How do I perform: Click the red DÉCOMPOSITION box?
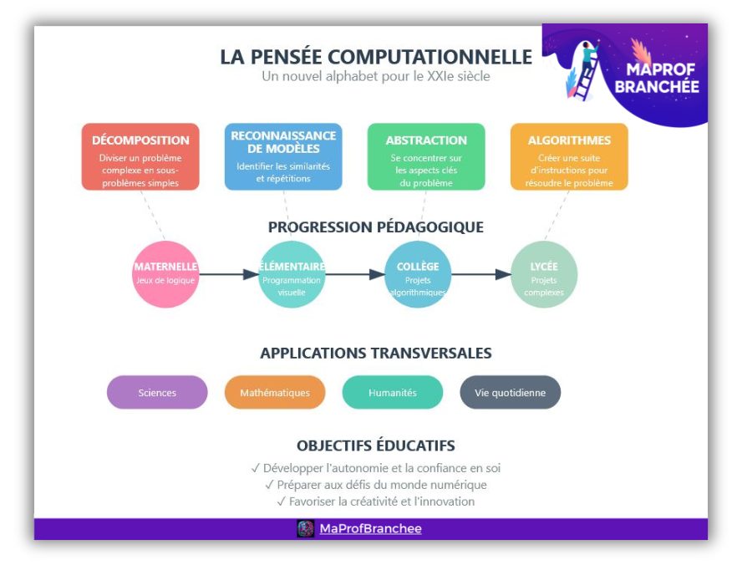[x=140, y=156]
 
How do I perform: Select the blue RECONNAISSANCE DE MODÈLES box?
[x=283, y=156]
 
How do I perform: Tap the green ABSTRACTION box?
[x=426, y=156]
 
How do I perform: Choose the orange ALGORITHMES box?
[x=569, y=156]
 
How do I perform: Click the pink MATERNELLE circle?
[x=165, y=274]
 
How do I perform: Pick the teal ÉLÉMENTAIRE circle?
[x=292, y=274]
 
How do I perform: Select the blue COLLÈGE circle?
[x=418, y=274]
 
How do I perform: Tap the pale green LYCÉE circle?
[x=544, y=274]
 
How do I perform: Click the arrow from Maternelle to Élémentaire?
[x=229, y=274]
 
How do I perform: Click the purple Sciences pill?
[x=157, y=392]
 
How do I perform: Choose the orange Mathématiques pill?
[x=275, y=392]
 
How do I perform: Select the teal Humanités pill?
[x=393, y=392]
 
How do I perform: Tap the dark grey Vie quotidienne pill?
[x=510, y=392]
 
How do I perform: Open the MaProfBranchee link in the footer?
[x=370, y=528]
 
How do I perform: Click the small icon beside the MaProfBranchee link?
[x=305, y=528]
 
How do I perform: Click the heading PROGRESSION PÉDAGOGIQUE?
[x=376, y=227]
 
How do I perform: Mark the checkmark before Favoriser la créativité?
[x=281, y=501]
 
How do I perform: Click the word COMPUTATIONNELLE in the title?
[x=429, y=57]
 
